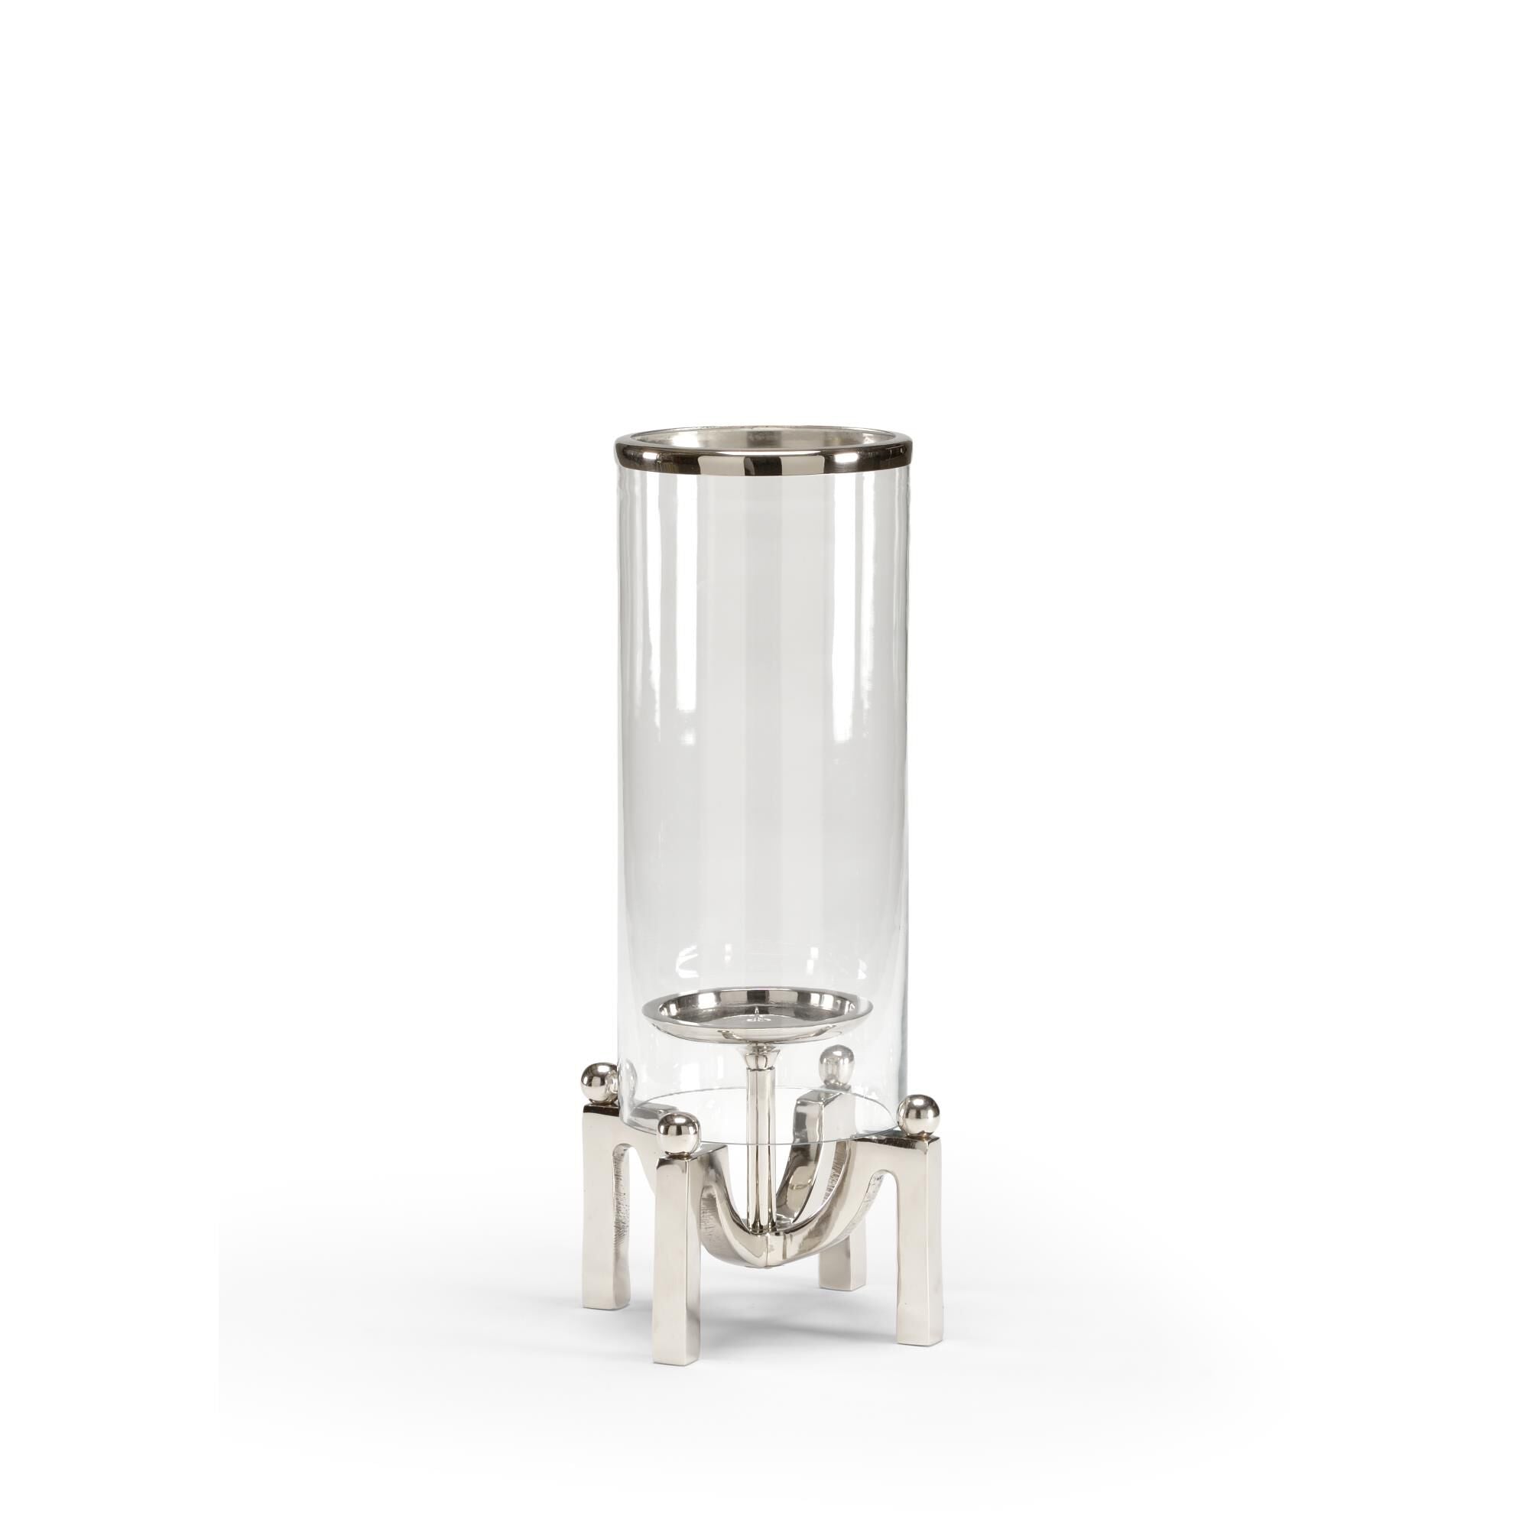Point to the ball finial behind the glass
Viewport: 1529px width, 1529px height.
[x=836, y=1057]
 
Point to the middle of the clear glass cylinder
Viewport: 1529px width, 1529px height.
[x=758, y=713]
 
